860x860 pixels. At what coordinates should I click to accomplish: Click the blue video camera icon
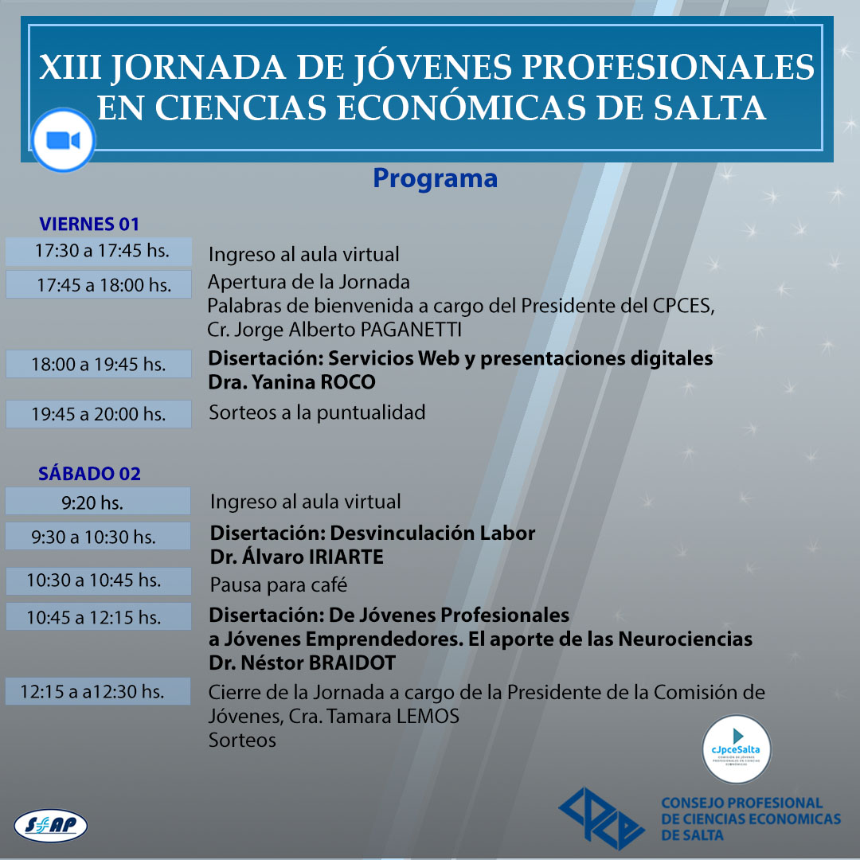(x=63, y=140)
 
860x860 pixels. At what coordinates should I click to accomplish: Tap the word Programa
(x=435, y=179)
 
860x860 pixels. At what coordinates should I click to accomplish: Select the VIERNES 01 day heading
(x=89, y=224)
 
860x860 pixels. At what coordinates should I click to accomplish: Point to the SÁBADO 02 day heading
(x=89, y=473)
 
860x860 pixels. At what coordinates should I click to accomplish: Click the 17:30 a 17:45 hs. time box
(x=99, y=252)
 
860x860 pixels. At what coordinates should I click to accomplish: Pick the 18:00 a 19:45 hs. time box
(x=99, y=364)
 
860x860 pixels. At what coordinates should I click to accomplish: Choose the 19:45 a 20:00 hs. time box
(x=99, y=414)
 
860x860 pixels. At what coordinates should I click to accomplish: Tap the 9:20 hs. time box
(x=98, y=502)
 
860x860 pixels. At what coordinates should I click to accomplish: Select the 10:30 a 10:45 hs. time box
(x=99, y=580)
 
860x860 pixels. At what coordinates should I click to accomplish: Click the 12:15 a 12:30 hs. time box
(x=98, y=691)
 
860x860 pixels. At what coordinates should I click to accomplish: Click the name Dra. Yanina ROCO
(x=291, y=382)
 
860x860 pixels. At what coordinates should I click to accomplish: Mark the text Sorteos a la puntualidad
(x=317, y=412)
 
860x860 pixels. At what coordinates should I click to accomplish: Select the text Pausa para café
(x=279, y=584)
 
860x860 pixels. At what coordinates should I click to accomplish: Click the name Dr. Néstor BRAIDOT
(x=303, y=663)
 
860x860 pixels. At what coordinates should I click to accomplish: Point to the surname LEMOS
(x=428, y=717)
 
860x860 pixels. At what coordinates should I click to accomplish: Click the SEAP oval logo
(x=50, y=826)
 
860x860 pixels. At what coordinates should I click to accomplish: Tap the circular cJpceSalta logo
(x=737, y=749)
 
